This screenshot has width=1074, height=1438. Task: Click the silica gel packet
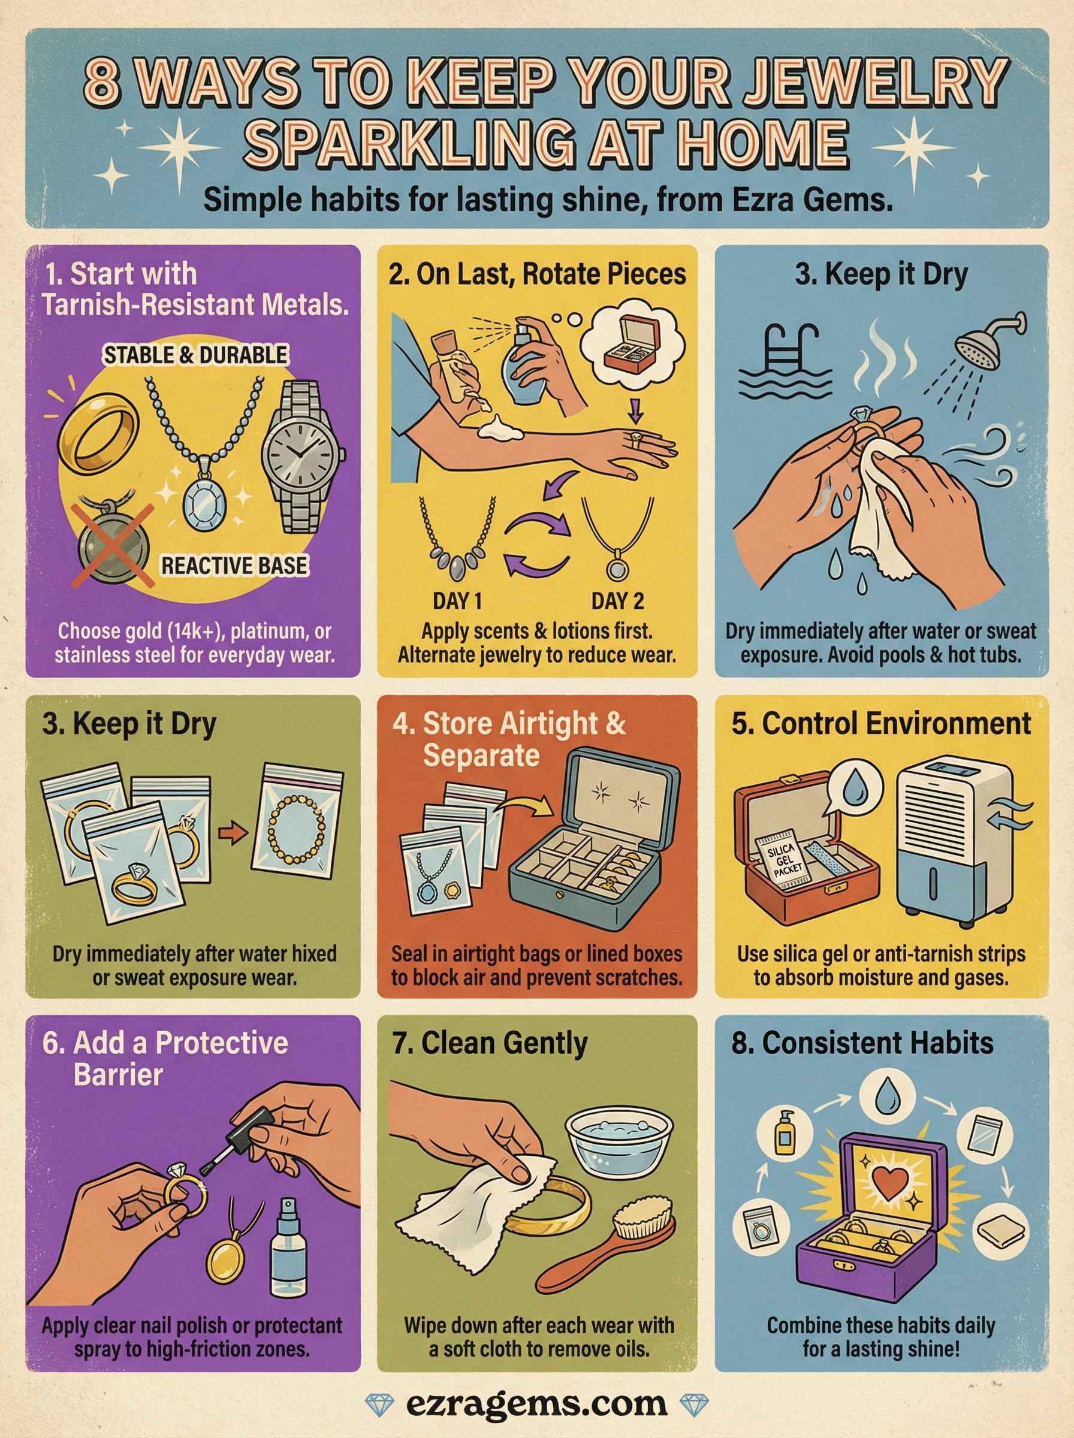(783, 856)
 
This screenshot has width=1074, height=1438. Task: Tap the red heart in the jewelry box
(887, 1183)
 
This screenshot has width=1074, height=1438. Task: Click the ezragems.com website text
(536, 1404)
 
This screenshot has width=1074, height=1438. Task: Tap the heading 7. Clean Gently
(490, 1043)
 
